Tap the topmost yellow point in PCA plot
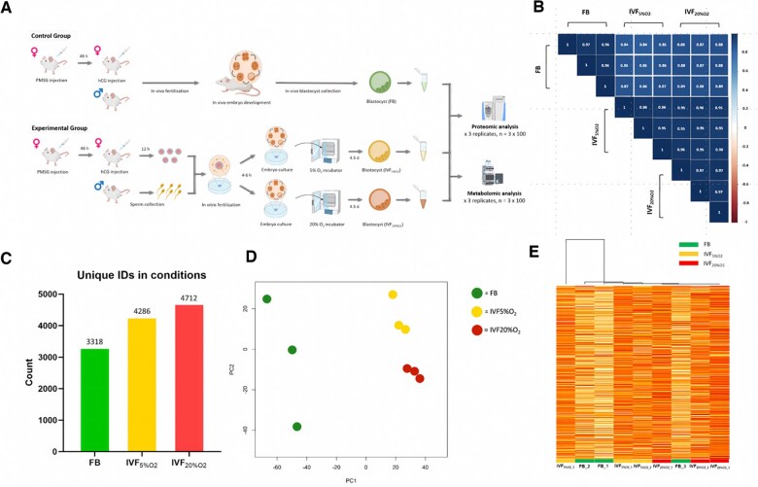(x=393, y=295)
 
